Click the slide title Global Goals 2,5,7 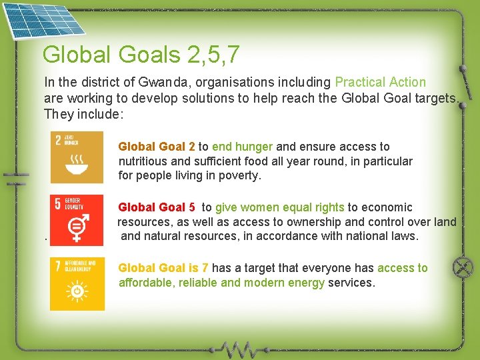pos(141,55)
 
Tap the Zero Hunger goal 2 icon pos(77,157)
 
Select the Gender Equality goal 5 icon pos(77,219)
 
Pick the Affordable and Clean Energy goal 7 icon pos(77,284)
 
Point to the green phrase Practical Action pos(380,83)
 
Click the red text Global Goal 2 pos(157,147)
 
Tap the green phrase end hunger pos(243,147)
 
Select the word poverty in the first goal pos(240,176)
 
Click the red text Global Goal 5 pos(157,207)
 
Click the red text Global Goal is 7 pos(163,268)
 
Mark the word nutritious pos(143,161)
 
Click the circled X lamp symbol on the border pos(462,268)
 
